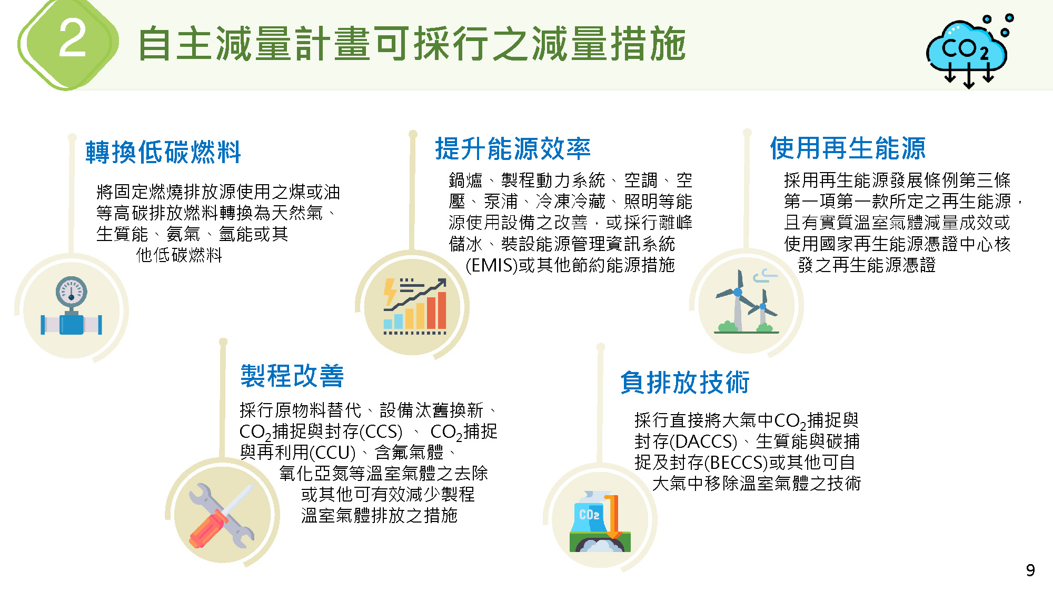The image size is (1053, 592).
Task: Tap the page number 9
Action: pos(1030,570)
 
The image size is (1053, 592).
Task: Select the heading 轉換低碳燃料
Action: pos(163,152)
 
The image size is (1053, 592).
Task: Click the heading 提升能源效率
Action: pos(513,148)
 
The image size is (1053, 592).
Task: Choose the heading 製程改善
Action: pos(292,376)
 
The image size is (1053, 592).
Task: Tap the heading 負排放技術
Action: pos(684,382)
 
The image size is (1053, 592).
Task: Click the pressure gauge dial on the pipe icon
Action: pos(72,292)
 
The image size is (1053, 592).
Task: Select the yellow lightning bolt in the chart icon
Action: pos(390,292)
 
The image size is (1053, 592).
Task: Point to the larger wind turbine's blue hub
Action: pos(738,292)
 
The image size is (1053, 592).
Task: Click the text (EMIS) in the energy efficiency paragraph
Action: pos(492,265)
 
